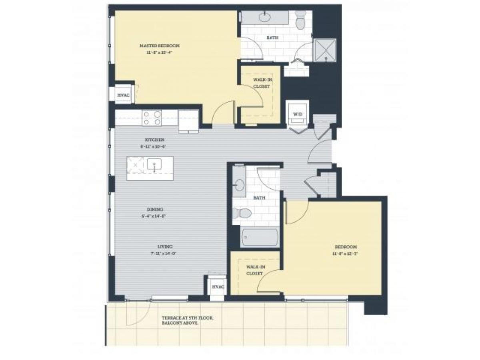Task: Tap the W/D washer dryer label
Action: [x=298, y=114]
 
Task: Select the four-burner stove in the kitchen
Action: [x=152, y=118]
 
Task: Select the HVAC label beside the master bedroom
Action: [x=122, y=95]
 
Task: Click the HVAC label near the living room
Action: [x=218, y=287]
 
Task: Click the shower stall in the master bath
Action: [x=325, y=50]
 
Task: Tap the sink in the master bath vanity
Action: [x=264, y=17]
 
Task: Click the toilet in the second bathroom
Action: [x=243, y=212]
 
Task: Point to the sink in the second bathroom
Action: [x=239, y=185]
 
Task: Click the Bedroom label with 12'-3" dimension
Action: [x=346, y=250]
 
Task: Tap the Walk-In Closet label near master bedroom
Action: [x=262, y=83]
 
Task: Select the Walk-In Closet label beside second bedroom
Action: [x=254, y=270]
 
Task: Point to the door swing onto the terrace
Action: [x=138, y=314]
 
